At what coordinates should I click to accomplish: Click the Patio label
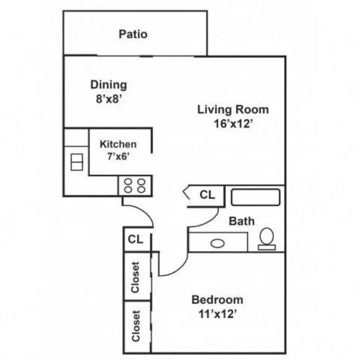[133, 34]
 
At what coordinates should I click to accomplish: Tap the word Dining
[109, 85]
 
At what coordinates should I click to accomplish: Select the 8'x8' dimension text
[109, 99]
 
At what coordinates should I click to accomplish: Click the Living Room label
[233, 110]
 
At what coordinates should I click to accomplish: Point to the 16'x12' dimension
[233, 124]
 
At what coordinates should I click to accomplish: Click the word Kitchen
[118, 144]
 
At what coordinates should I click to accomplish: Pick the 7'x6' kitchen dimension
[118, 156]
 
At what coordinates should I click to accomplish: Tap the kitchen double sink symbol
[76, 162]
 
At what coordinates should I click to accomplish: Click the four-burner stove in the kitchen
[135, 186]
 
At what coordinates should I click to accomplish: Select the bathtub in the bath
[255, 197]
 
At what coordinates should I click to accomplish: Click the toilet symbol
[267, 239]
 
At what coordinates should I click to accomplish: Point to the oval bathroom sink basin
[218, 244]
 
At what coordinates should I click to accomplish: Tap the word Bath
[242, 221]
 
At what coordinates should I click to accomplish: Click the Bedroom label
[217, 300]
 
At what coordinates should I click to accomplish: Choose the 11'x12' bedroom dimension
[218, 314]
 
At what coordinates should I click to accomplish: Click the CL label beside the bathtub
[208, 195]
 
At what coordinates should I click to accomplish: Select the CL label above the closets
[136, 239]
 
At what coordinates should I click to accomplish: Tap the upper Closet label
[135, 277]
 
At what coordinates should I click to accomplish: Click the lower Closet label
[136, 326]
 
